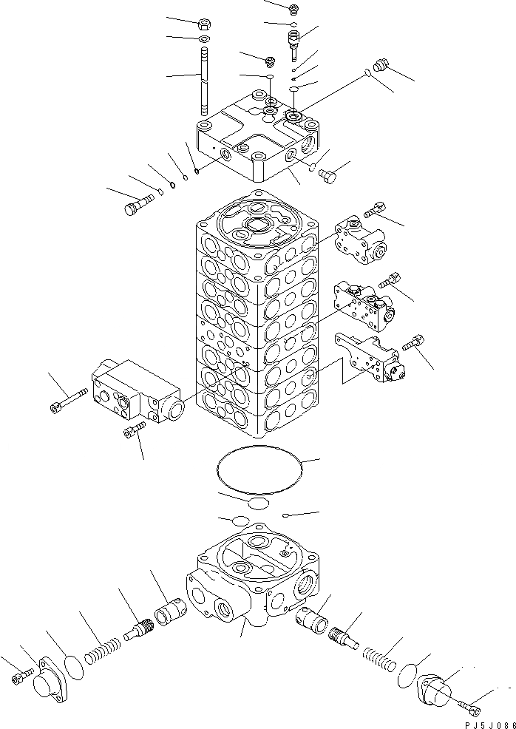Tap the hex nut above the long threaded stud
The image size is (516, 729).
(x=205, y=23)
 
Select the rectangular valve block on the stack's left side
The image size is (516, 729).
(x=135, y=393)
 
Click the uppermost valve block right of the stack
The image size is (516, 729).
(x=358, y=240)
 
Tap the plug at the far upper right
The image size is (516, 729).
(x=382, y=66)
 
